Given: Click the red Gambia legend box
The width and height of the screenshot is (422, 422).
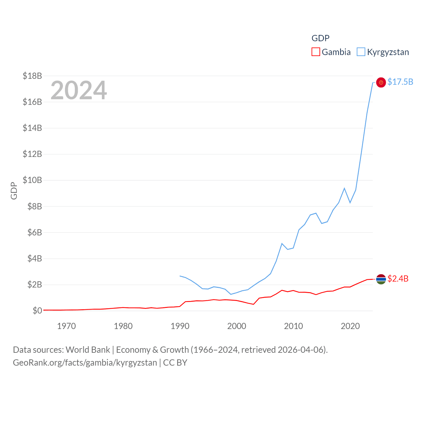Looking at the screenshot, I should pos(316,52).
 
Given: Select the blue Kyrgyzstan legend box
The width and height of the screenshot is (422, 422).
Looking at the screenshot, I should pos(361,52).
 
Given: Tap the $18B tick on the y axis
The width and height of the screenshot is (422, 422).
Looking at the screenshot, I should pos(32,76).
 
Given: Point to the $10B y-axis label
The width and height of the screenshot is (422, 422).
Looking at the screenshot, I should pos(32,180).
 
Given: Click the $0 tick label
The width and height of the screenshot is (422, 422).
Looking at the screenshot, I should pos(37,311).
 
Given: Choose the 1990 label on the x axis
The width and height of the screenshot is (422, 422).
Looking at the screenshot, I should pos(180,326).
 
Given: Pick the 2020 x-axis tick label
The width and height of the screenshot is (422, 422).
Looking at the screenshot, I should pos(350,326).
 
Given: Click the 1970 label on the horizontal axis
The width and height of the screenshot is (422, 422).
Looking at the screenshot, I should pos(66,326).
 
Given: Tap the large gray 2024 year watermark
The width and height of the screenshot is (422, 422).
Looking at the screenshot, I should pos(78,90).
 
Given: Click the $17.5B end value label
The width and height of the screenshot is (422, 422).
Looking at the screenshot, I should pos(400,82).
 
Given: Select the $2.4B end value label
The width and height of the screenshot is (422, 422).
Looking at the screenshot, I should pos(398,279).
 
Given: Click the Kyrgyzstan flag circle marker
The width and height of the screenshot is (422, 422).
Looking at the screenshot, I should pos(381,82).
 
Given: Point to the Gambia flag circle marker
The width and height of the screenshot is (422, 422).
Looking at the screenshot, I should pos(381,279).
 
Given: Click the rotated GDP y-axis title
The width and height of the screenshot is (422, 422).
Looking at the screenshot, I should pos(14,191).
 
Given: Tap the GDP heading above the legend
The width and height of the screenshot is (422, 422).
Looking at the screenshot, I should pos(320,38).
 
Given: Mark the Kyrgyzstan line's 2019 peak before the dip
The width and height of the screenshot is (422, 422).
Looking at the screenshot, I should pos(344,188).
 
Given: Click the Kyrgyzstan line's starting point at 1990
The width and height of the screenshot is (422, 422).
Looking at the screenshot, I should pos(180,276).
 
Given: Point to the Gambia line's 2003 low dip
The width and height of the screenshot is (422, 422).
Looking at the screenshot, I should pos(254,304).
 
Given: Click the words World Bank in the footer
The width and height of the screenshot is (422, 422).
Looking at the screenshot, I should pos(88,349).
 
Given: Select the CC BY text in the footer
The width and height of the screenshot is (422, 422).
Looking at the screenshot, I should pos(175,363).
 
